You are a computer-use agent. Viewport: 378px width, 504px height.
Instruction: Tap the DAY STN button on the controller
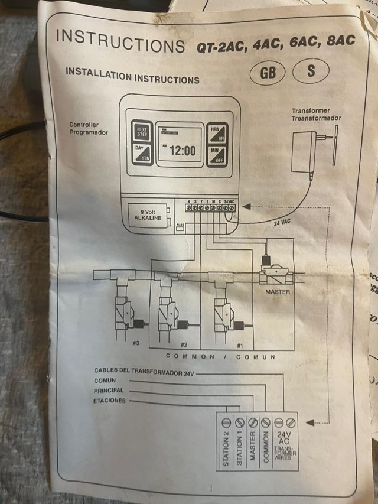coord(142,154)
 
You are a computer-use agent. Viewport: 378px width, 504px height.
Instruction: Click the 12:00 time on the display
coord(182,151)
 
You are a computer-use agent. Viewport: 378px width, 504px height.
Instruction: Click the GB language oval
coord(267,73)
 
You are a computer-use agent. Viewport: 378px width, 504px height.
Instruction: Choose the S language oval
coord(311,71)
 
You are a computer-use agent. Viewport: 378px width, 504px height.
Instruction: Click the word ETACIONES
coord(110,401)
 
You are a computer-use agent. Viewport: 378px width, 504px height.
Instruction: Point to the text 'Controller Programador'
coord(89,129)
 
